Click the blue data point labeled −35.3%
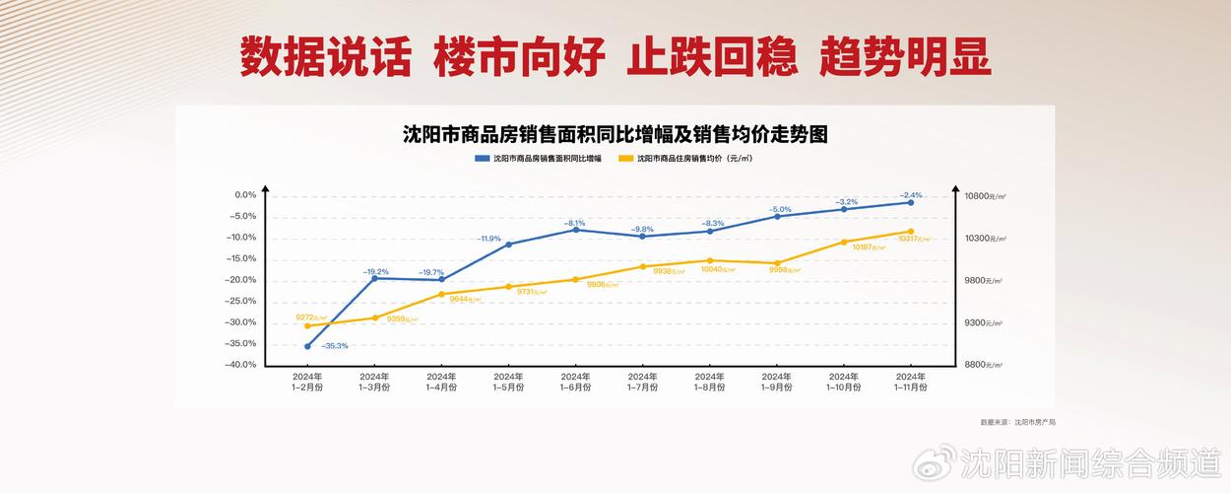coord(307,346)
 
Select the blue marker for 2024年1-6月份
coord(575,230)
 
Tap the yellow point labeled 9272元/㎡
coord(307,325)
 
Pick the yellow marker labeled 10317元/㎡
coord(910,232)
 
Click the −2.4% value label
coord(911,195)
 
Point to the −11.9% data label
coord(489,239)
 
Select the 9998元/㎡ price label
coord(784,269)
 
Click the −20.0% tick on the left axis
coord(241,280)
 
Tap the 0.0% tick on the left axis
coord(244,195)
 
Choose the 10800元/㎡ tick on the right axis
coord(984,196)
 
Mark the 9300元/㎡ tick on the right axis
coord(982,322)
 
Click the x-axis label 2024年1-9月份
coord(776,382)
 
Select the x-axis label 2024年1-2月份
coord(307,382)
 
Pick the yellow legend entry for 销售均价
coord(685,158)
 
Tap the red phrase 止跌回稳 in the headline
coord(711,57)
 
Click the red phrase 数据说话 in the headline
coord(325,57)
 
